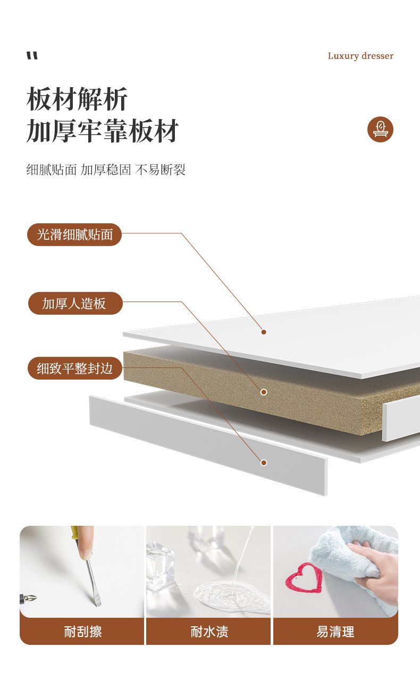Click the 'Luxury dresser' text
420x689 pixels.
coord(360,56)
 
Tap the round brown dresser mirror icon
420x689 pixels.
coord(380,129)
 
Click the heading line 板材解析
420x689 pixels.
coord(77,99)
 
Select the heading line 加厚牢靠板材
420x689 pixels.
coord(103,131)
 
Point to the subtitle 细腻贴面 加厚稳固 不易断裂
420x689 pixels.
coord(106,170)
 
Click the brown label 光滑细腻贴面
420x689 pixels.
coord(74,234)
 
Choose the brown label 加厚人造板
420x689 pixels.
coord(75,303)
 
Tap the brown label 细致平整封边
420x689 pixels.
coord(75,368)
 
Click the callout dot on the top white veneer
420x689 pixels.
coord(264,332)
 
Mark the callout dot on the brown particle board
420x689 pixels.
coord(264,392)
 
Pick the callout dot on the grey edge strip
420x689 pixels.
coord(264,463)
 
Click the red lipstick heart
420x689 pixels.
coord(304,578)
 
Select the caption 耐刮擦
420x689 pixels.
coord(83,632)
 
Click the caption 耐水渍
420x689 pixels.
coord(209,632)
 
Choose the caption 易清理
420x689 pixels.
coord(335,632)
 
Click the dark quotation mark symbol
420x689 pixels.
coord(32,56)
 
